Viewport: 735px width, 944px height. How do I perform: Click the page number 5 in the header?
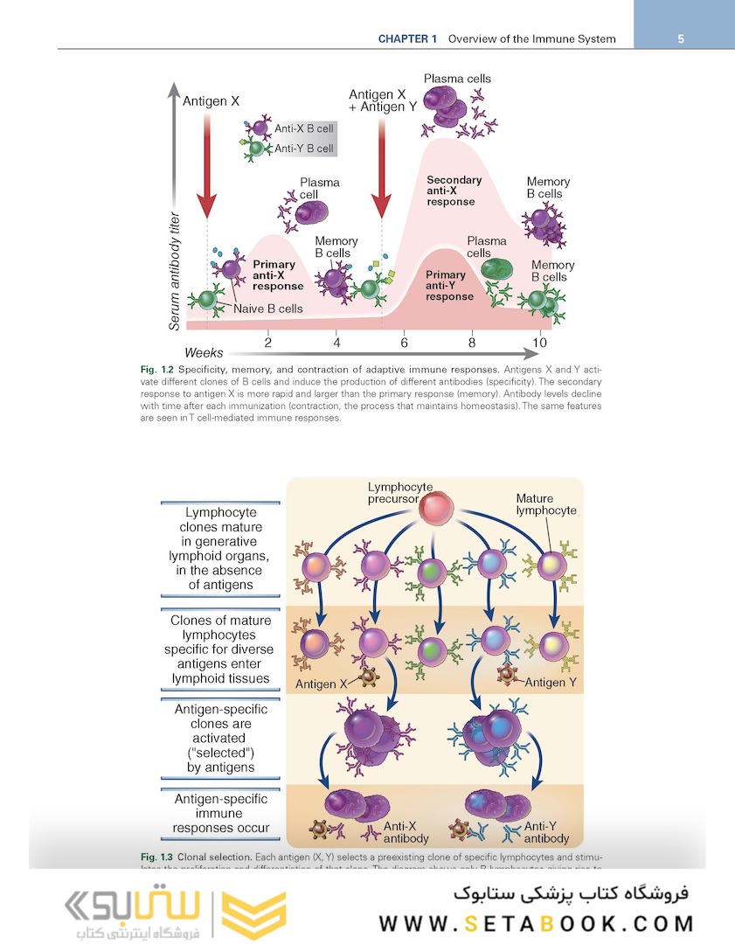click(x=680, y=38)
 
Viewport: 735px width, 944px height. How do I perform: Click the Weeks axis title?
click(x=204, y=353)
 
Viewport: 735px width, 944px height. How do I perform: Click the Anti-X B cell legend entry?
click(x=304, y=128)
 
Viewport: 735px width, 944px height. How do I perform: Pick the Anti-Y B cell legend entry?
click(x=304, y=149)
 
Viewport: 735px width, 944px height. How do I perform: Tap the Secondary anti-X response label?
click(x=454, y=191)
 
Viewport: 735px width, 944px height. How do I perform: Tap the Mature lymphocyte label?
click(x=545, y=504)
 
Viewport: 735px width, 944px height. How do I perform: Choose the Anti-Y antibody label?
click(x=546, y=830)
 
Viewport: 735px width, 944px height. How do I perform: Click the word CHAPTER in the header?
click(x=409, y=38)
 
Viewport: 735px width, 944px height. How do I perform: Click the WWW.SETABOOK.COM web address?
click(x=536, y=923)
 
